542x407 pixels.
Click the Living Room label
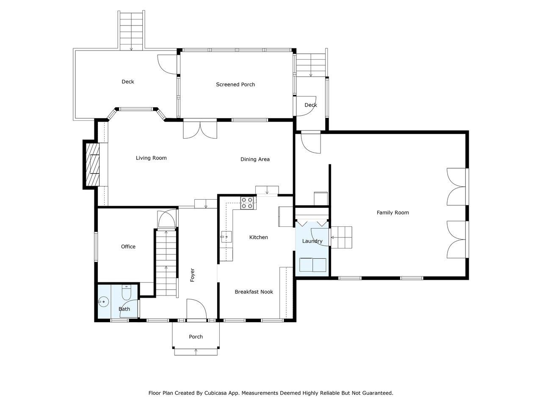[151, 158]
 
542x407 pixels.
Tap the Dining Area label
[255, 159]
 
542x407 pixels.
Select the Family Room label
[393, 213]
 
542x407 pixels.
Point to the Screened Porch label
[235, 85]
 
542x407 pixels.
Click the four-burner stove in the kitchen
[247, 203]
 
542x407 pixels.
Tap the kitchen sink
[226, 237]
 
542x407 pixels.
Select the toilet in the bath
[127, 292]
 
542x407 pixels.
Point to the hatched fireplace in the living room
[93, 164]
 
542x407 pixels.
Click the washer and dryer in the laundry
[312, 265]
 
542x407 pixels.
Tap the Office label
[128, 247]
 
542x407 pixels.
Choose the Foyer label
[192, 275]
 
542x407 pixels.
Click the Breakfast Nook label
[254, 292]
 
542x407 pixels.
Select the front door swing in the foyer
[196, 309]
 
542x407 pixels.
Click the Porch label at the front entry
[196, 337]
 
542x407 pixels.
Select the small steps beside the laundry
[341, 237]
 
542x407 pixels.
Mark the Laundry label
[312, 241]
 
